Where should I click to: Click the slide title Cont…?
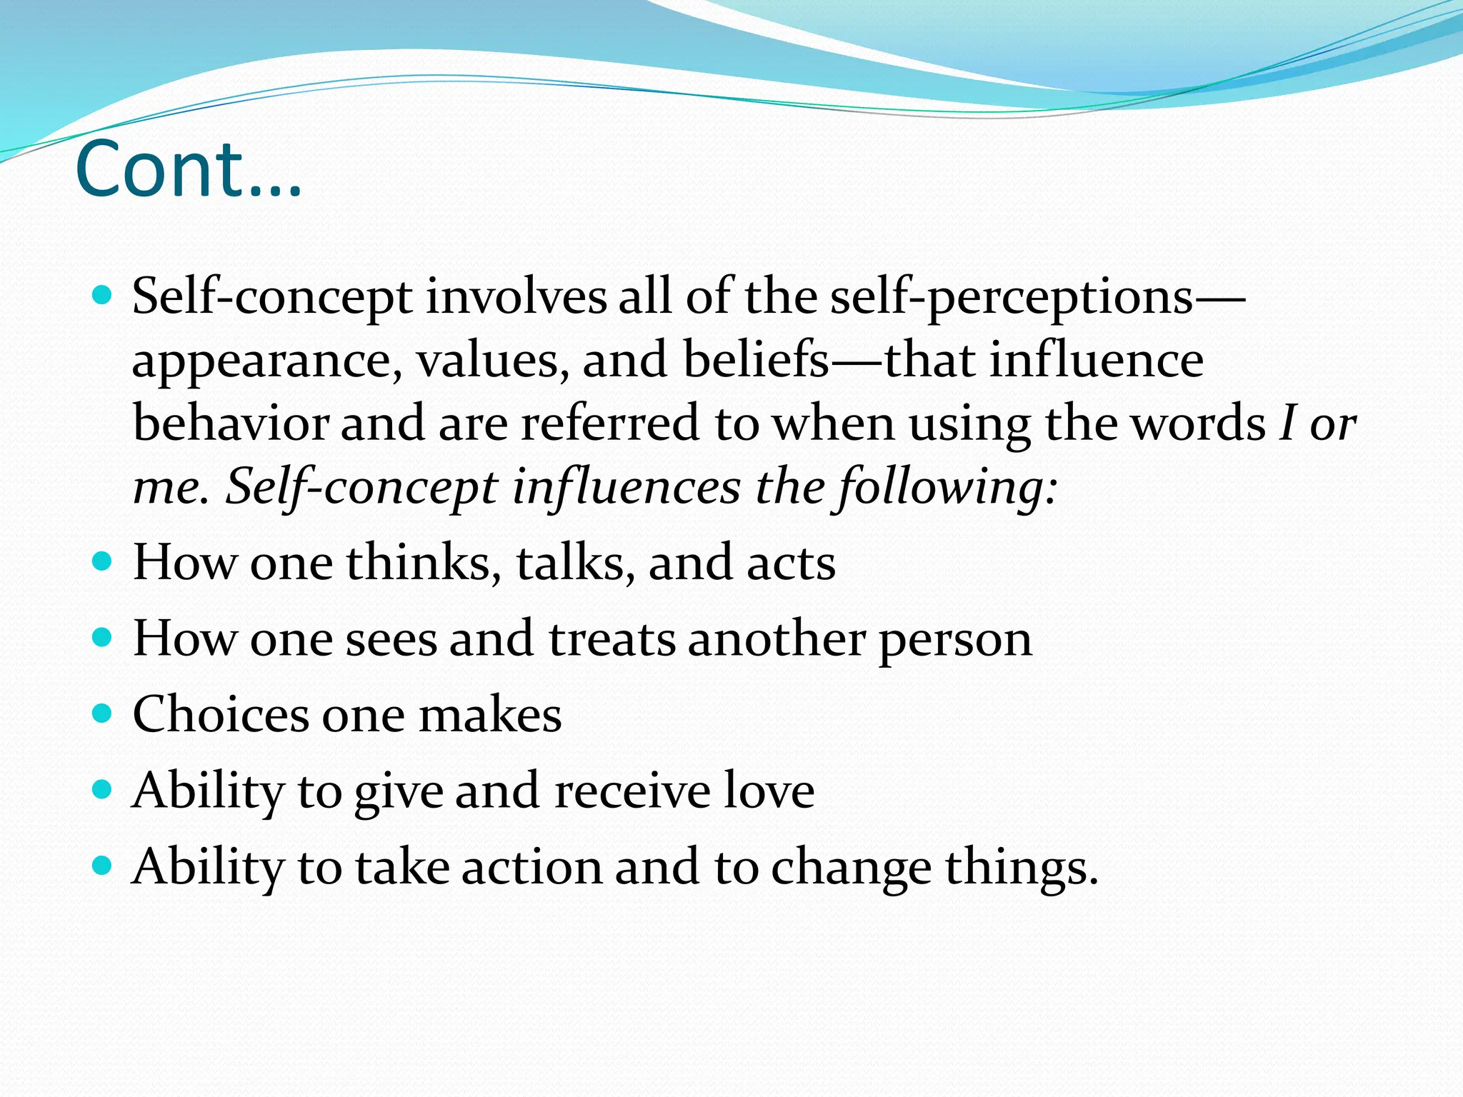pyautogui.click(x=189, y=170)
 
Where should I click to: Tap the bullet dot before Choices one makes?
pyautogui.click(x=103, y=713)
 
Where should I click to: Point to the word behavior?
pyautogui.click(x=230, y=423)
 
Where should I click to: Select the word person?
pyautogui.click(x=955, y=640)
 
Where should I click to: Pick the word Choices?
pyautogui.click(x=221, y=714)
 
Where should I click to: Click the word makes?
pyautogui.click(x=489, y=714)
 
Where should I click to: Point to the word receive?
pyautogui.click(x=632, y=791)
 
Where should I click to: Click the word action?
pyautogui.click(x=531, y=867)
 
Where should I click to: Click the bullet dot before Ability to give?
pyautogui.click(x=103, y=789)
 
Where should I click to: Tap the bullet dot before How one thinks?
pyautogui.click(x=103, y=561)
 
